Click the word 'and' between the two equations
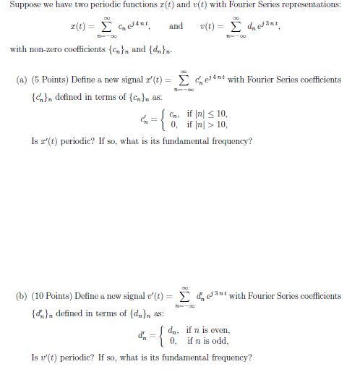coord(176,26)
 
